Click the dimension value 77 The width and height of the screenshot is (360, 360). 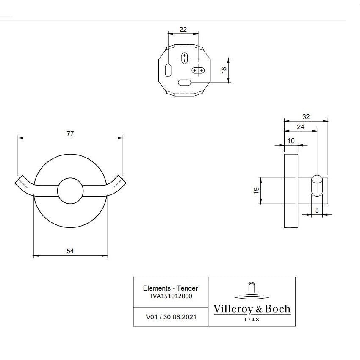click(70, 133)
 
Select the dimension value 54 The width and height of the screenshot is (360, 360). click(70, 251)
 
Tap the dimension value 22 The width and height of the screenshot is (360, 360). click(183, 29)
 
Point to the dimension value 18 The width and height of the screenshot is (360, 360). click(224, 70)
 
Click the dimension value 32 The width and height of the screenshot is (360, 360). click(306, 116)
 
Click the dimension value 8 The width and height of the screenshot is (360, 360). click(317, 210)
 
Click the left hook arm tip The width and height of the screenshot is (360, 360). click(19, 180)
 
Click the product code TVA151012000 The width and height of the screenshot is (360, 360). click(171, 296)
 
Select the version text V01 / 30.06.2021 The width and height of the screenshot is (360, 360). click(171, 316)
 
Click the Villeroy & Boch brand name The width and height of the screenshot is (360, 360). click(252, 309)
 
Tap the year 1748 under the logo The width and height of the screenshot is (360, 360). click(252, 319)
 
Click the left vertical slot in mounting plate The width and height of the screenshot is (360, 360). click(168, 70)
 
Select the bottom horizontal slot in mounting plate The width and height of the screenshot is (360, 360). click(185, 83)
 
